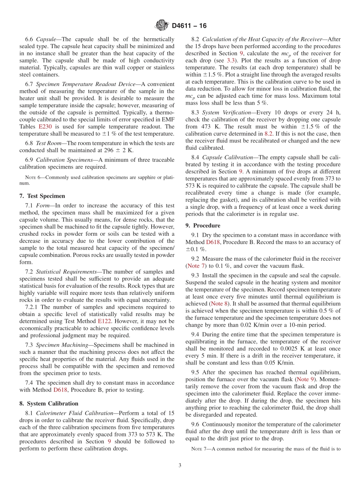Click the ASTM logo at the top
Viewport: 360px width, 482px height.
162,25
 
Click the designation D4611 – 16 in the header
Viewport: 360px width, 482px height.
189,26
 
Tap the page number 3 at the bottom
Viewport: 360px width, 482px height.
180,466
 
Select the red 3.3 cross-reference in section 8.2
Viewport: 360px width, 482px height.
230,60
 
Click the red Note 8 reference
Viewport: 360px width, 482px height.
217,304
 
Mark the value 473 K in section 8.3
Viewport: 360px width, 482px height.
208,127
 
